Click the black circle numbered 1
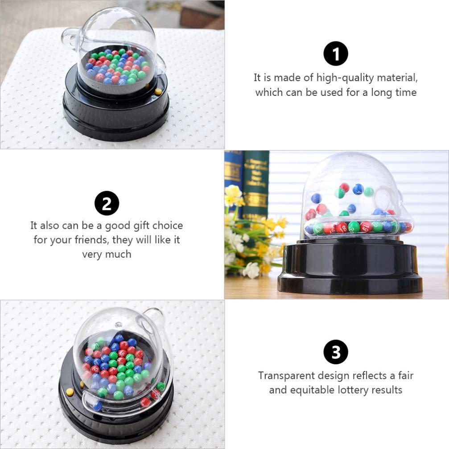[335, 54]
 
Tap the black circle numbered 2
[107, 204]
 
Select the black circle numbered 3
[335, 352]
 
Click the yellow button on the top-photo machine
[158, 92]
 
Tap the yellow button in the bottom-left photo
[70, 392]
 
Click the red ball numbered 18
[342, 227]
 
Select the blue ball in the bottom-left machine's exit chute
[97, 406]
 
